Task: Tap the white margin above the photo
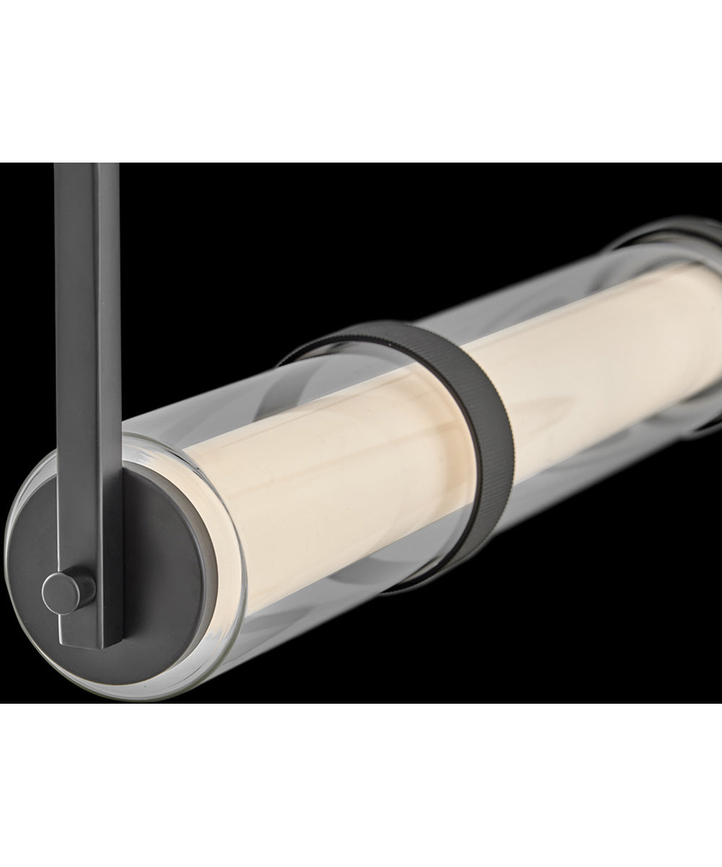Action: [x=361, y=79]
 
